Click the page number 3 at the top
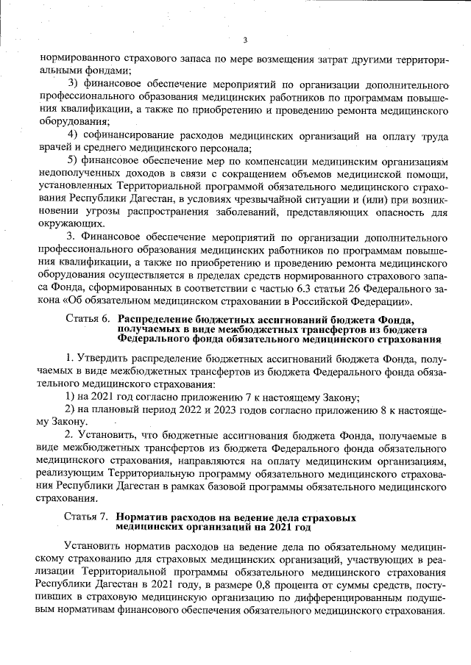245,40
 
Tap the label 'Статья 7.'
88,517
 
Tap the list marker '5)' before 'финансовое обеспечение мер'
74,160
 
